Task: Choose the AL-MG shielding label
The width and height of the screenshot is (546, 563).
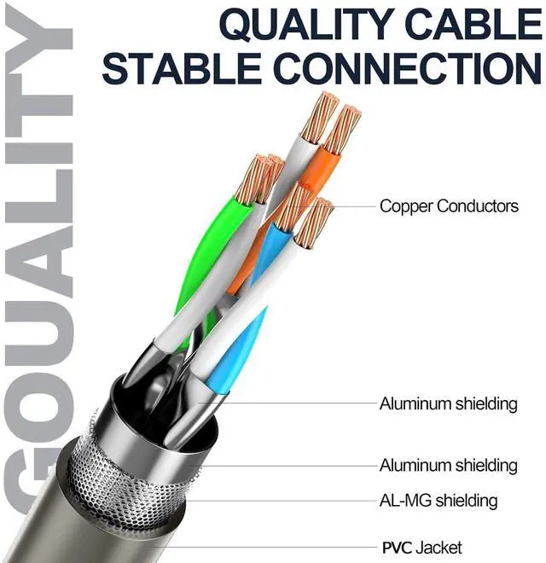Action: tap(439, 501)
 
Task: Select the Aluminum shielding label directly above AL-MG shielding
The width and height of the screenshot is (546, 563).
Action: tap(448, 466)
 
